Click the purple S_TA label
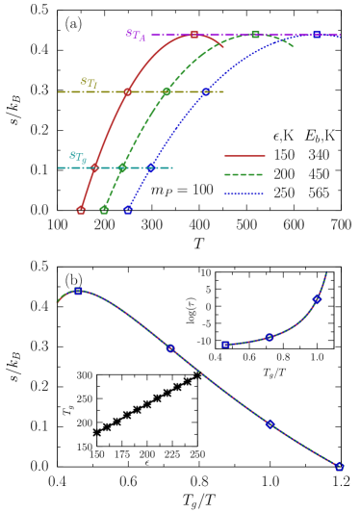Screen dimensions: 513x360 pos(136,35)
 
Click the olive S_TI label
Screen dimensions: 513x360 pos(89,84)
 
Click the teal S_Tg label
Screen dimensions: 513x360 pos(77,157)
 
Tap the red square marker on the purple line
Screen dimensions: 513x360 pos(194,35)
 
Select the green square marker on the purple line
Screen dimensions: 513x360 pos(255,35)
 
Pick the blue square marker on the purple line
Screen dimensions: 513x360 pos(317,35)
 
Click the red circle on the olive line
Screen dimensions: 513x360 pos(127,91)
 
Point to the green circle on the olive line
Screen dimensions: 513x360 pos(167,91)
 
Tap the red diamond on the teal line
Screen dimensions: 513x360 pos(94,167)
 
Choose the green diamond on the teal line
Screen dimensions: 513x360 pos(122,167)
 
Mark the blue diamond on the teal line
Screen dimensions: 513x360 pos(150,167)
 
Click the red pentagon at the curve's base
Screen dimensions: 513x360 pos(81,210)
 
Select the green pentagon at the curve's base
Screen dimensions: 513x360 pos(104,210)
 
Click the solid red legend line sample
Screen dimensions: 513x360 pos(244,155)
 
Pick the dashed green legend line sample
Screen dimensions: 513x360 pos(244,174)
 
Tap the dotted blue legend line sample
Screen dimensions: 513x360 pos(244,193)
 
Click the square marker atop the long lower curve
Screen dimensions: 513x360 pos(78,291)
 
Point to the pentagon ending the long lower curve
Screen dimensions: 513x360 pos(339,467)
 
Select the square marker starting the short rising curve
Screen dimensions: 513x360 pos(225,344)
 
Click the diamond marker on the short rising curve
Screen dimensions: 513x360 pos(317,299)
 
